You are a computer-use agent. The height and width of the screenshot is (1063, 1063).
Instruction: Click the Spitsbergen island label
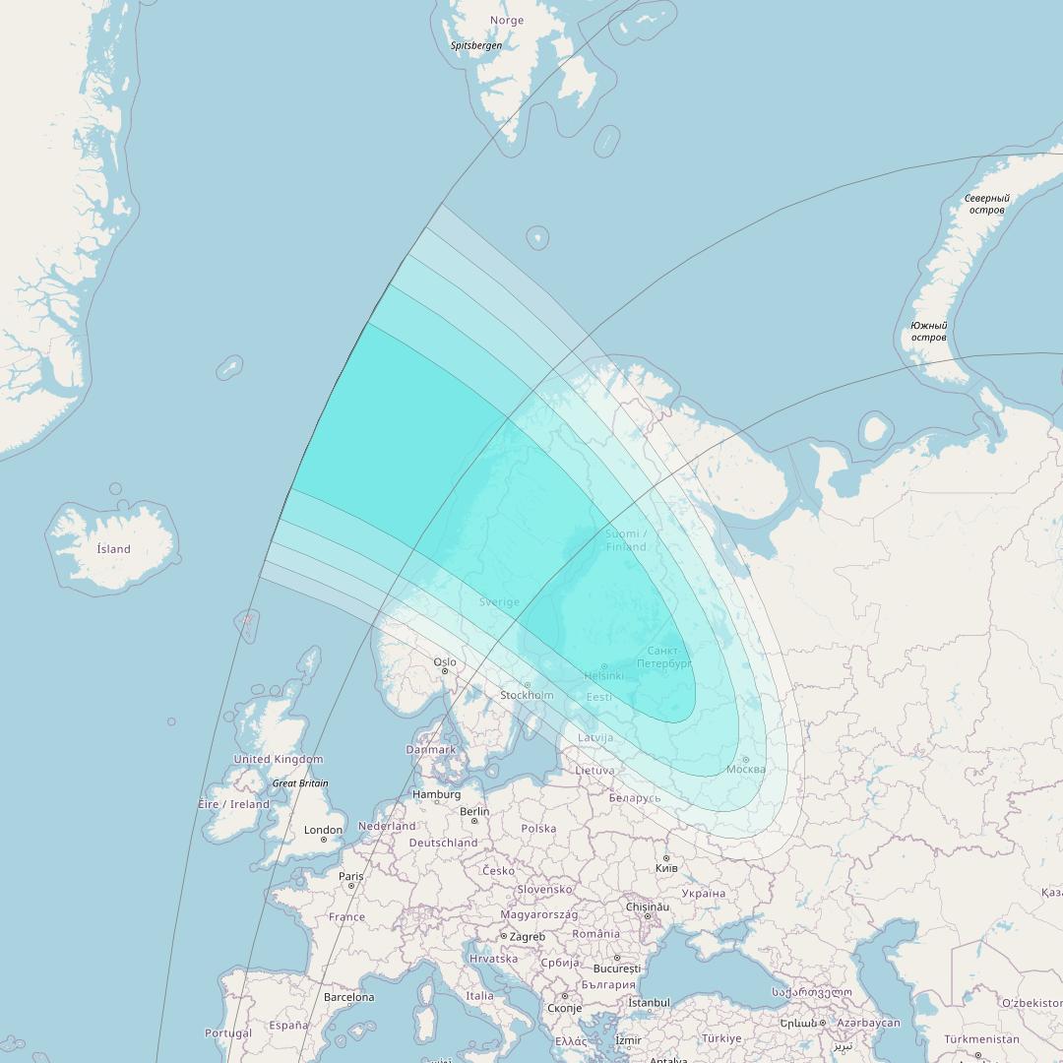[x=476, y=45]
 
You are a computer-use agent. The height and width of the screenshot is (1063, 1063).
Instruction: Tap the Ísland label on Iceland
[x=113, y=549]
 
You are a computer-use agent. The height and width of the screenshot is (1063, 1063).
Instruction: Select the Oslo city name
[x=445, y=662]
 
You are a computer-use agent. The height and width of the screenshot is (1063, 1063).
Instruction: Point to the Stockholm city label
[x=527, y=695]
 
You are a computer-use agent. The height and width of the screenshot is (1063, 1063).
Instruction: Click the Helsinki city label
[x=603, y=676]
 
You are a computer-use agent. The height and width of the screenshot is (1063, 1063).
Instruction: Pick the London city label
[x=323, y=830]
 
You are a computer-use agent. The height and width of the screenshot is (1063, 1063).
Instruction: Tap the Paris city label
[x=351, y=876]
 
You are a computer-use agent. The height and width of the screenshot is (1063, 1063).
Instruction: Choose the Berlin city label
[x=474, y=811]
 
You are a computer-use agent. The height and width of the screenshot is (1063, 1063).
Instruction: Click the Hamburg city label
[x=436, y=794]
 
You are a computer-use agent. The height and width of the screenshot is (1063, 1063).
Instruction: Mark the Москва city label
[x=746, y=769]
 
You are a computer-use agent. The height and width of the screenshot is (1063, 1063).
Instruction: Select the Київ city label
[x=666, y=869]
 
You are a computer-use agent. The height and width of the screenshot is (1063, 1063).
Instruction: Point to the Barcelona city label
[x=348, y=997]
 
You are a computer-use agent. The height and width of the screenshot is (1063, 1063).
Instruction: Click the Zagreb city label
[x=527, y=937]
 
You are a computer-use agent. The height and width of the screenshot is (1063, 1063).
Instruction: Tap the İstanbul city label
[x=649, y=1003]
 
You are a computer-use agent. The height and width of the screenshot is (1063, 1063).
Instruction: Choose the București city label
[x=616, y=969]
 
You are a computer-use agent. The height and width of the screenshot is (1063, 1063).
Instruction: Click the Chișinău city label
[x=648, y=907]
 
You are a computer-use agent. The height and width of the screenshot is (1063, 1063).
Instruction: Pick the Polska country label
[x=538, y=829]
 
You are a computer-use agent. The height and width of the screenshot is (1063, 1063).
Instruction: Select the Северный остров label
[x=986, y=204]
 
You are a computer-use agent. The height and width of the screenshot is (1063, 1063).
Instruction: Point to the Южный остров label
[x=928, y=332]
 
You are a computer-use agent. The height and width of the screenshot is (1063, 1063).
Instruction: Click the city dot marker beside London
[x=323, y=840]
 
